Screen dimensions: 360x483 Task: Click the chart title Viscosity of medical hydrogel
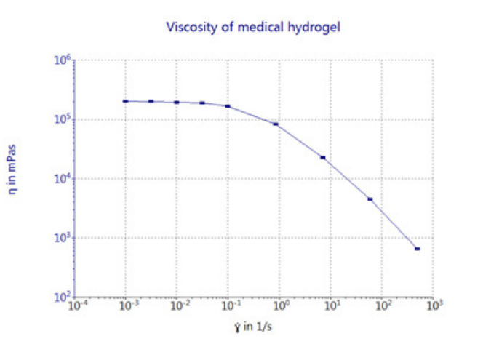(253, 28)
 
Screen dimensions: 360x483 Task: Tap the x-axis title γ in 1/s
(251, 327)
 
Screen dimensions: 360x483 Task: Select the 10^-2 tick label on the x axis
(177, 308)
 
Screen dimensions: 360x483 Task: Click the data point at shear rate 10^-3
(126, 101)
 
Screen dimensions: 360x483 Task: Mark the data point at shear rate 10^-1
(228, 106)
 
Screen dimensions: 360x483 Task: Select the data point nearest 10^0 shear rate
(276, 124)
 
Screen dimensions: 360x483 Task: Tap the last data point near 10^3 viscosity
(418, 249)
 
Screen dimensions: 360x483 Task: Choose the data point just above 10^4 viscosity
(322, 157)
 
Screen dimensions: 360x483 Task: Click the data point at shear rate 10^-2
(177, 102)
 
